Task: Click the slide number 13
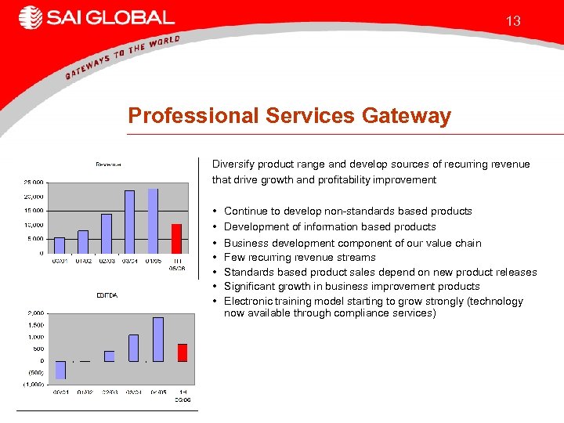coord(513,21)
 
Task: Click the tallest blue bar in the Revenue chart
coord(153,221)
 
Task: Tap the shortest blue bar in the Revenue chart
coord(60,245)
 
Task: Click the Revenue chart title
coord(108,164)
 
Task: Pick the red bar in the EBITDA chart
coord(182,352)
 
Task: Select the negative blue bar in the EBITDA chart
coord(60,370)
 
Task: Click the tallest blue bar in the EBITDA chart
coord(158,339)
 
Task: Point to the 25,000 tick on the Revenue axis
coord(32,183)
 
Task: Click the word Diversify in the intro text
coord(232,164)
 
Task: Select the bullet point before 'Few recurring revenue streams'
coord(215,258)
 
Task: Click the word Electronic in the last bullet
coord(248,302)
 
